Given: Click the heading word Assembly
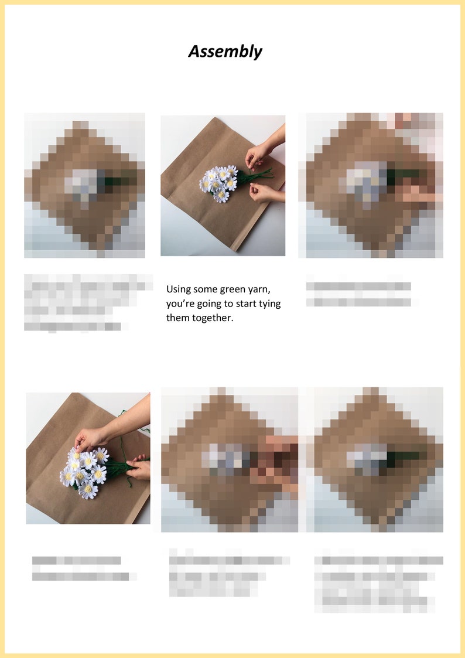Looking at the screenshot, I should [x=225, y=52].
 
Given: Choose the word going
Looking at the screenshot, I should [x=202, y=304].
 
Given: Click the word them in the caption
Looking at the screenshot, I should [x=178, y=318].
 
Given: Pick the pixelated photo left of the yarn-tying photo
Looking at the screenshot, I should [x=84, y=185].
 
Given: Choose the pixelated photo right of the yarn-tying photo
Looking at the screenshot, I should [x=370, y=185].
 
